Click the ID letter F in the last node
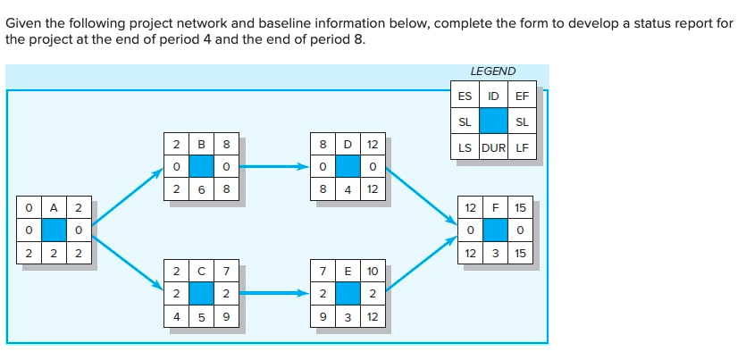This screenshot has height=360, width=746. coord(495,207)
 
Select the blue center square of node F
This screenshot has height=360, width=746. coord(495,230)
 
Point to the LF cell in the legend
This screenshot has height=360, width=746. coord(523,147)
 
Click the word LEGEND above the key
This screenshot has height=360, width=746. coord(492,71)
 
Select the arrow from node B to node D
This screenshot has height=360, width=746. coord(272,166)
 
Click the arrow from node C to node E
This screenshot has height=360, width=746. coord(272,291)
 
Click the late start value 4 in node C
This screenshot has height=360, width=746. coord(177,315)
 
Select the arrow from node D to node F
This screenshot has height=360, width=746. coord(420,197)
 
